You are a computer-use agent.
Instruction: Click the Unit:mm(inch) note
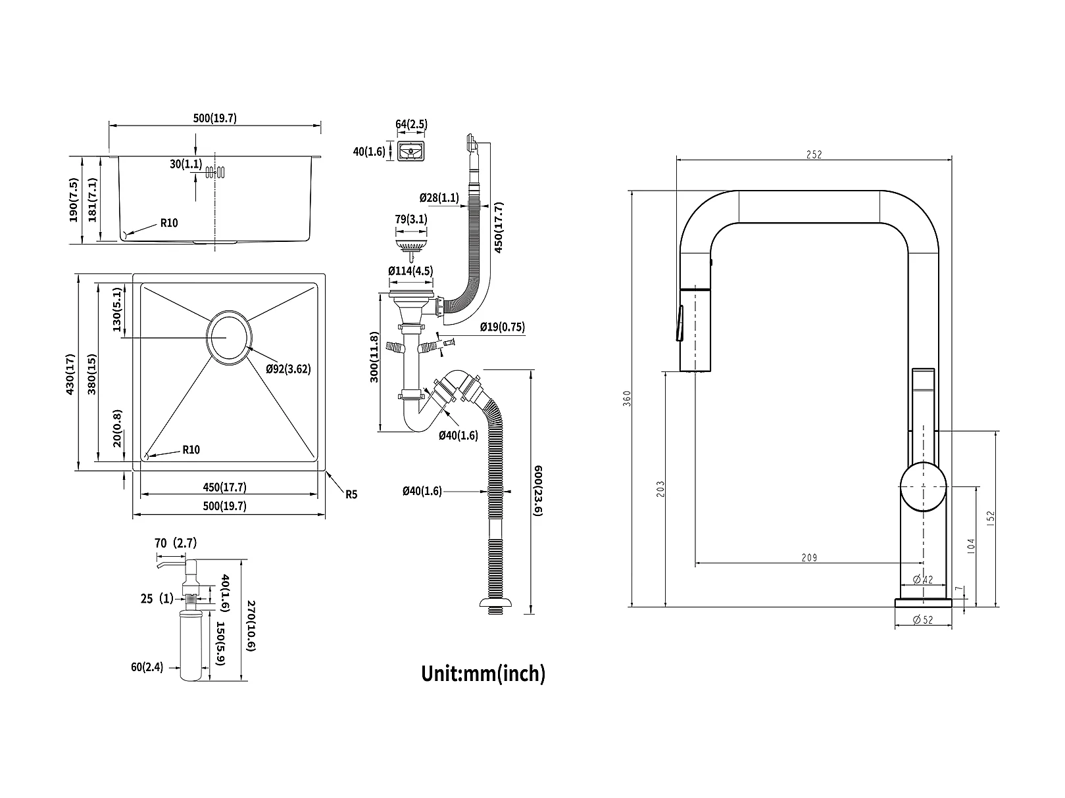coord(483,673)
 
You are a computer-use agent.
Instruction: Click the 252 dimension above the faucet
coord(814,155)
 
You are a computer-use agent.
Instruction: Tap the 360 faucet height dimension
coord(627,398)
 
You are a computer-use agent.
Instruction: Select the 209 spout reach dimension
coord(808,558)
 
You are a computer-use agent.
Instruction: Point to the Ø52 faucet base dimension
coord(924,619)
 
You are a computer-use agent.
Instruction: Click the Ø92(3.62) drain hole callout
coord(288,369)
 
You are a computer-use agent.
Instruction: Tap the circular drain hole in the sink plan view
coord(228,337)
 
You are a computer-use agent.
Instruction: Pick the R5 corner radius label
coord(351,494)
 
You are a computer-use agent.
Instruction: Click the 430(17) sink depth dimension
coord(70,374)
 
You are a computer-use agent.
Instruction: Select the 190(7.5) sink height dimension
coord(74,200)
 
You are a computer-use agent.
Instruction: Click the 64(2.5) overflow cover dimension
coord(411,125)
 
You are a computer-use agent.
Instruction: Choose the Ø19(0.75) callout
coord(502,327)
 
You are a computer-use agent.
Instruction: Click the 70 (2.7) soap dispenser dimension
coord(176,543)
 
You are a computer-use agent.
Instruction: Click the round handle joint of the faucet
coord(923,486)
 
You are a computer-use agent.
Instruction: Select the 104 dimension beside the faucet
coord(972,545)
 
